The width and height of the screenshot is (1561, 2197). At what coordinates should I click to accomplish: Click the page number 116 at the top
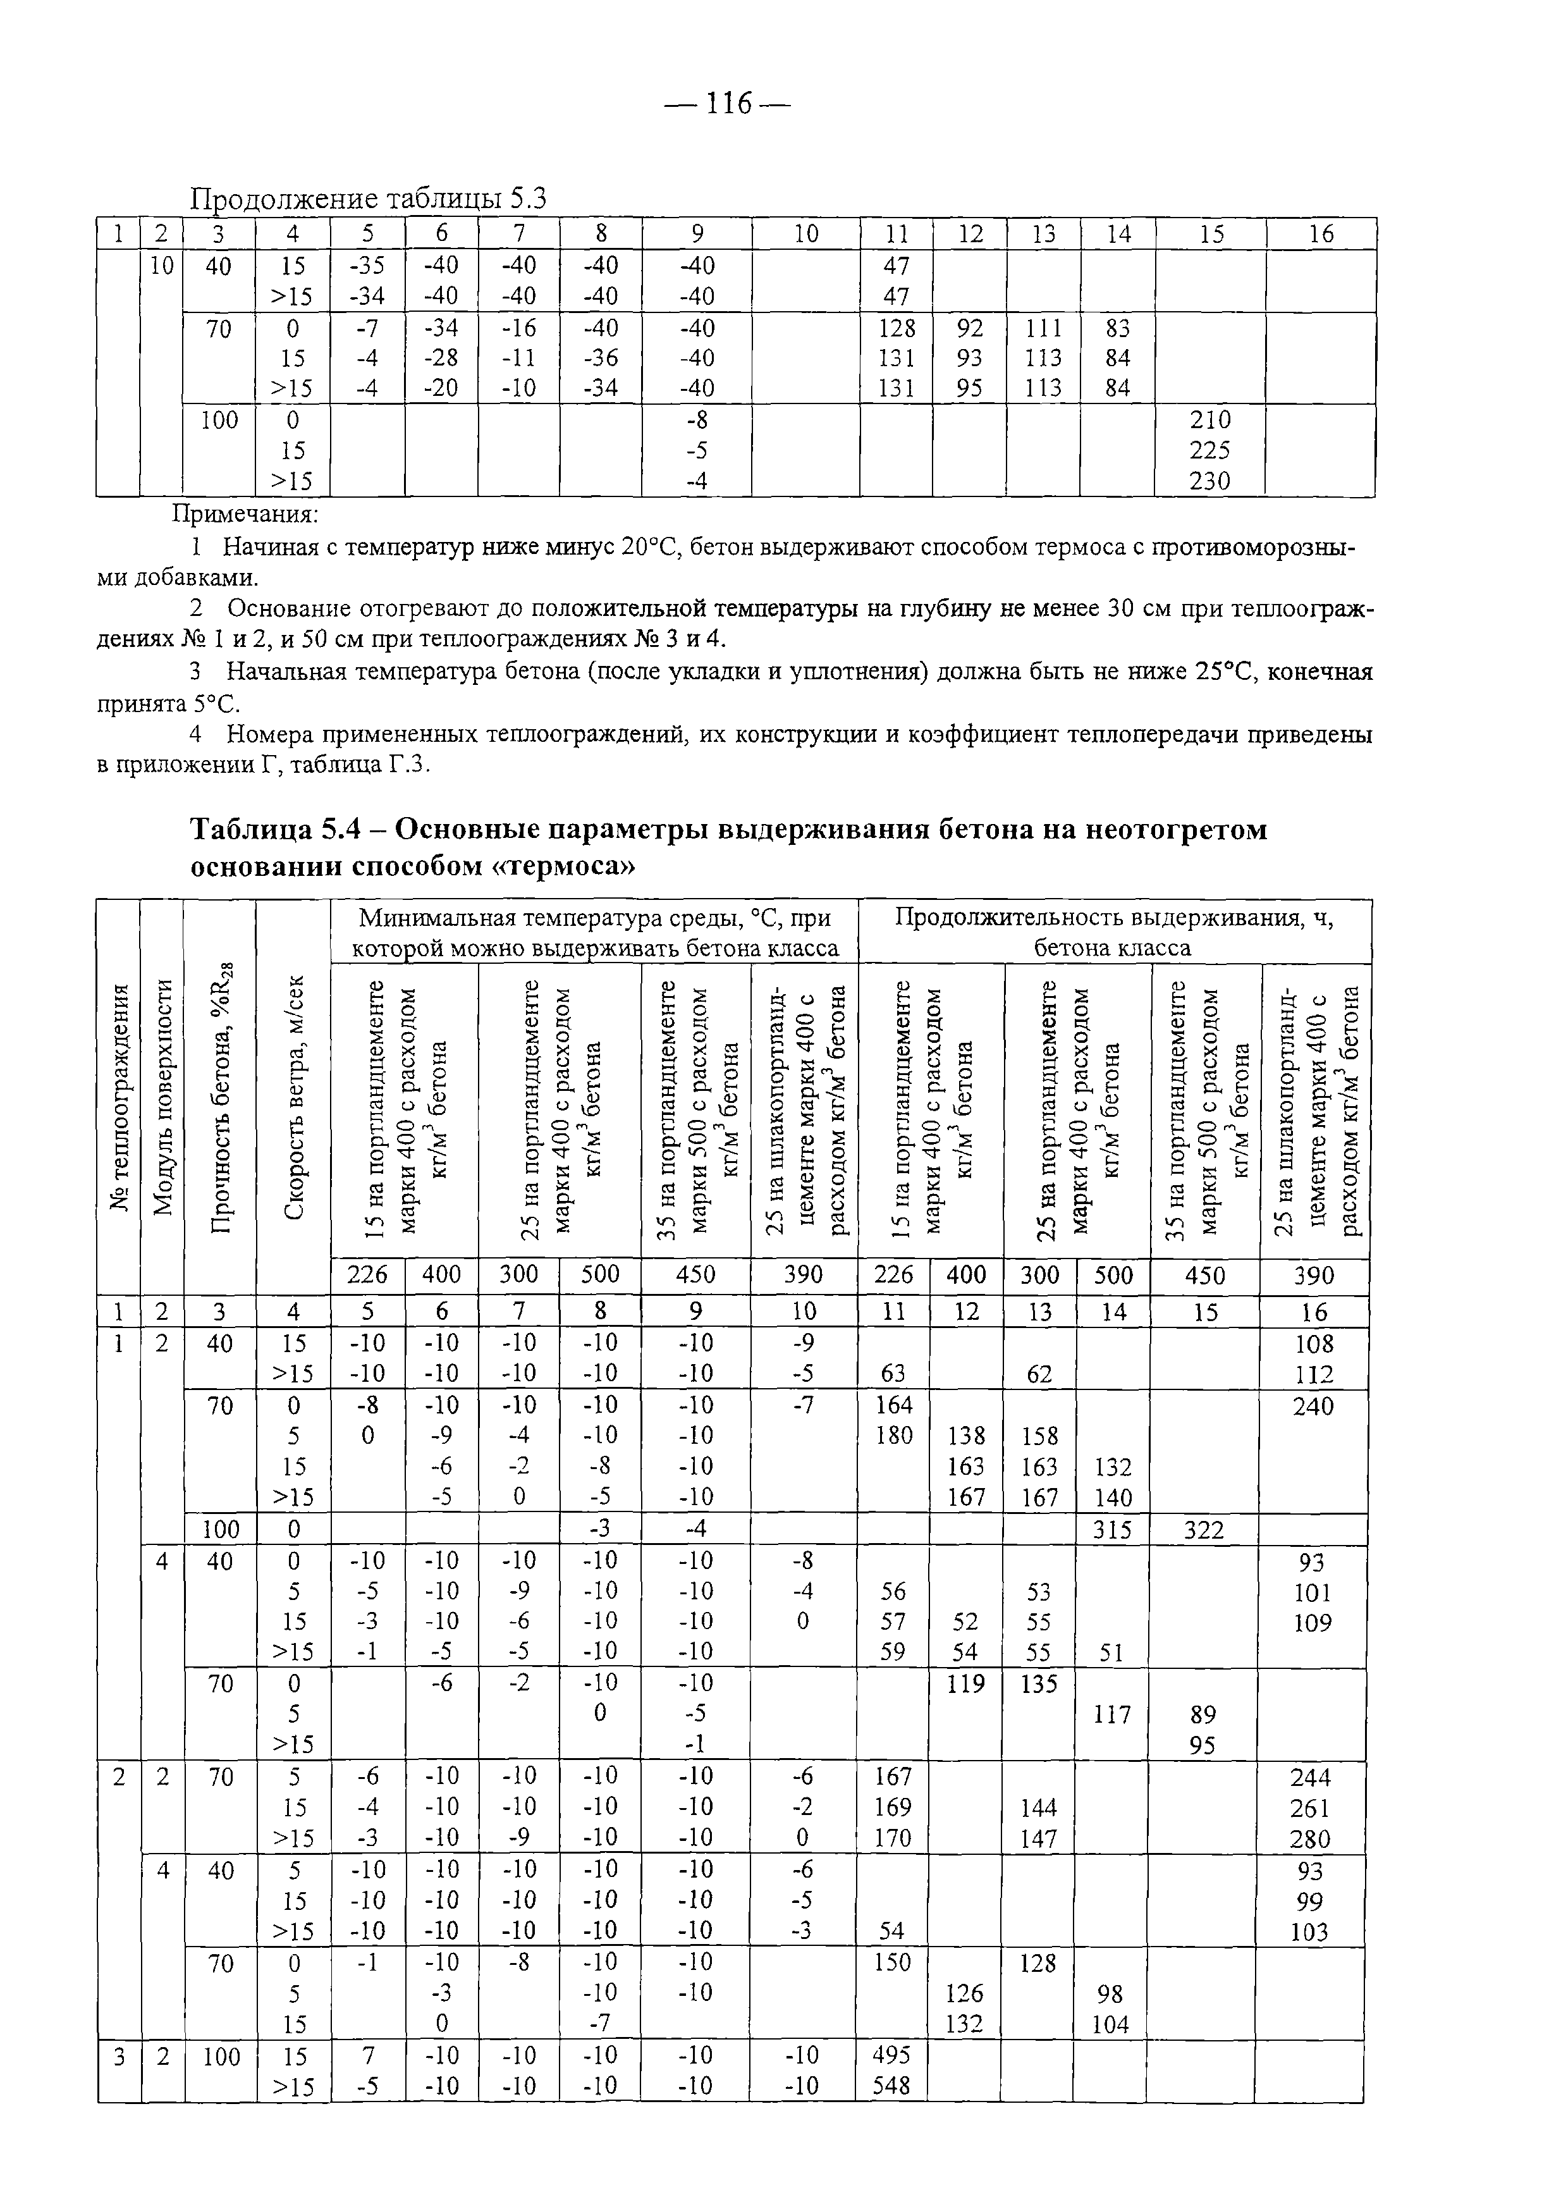[x=728, y=103]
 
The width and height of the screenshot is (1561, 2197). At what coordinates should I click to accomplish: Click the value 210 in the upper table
[x=1209, y=420]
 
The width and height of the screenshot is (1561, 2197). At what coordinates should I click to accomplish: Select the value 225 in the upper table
[x=1209, y=451]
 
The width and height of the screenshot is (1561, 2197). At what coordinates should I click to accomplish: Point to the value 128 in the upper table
[x=896, y=328]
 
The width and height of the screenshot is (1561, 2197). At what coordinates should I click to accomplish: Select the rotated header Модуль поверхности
[x=162, y=1096]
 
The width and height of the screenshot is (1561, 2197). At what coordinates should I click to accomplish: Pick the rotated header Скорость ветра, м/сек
[x=293, y=1096]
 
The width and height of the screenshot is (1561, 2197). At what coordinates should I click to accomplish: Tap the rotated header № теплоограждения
[x=119, y=1096]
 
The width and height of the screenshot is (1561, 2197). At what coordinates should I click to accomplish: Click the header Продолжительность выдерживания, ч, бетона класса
[x=1114, y=932]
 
